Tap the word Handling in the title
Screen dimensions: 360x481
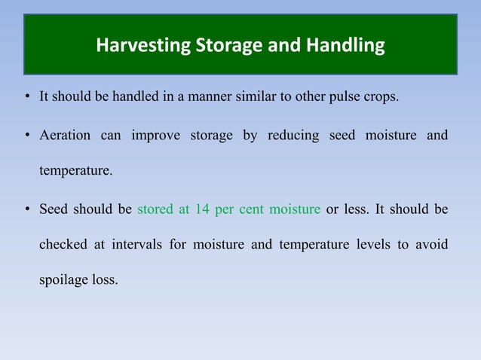point(348,47)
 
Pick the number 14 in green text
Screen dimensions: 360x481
point(201,209)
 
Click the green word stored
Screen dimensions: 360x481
point(155,209)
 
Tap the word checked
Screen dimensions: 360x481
point(61,246)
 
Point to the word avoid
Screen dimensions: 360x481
point(433,246)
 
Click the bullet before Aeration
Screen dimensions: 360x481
point(26,136)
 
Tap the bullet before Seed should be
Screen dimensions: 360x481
point(26,209)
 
